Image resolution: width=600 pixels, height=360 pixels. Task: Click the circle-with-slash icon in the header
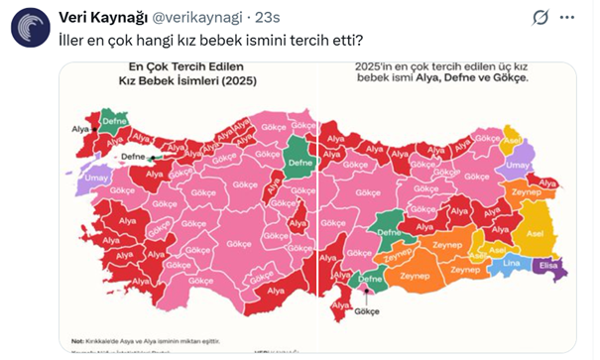coord(541,17)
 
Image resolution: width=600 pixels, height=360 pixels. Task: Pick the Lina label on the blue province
coord(513,263)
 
